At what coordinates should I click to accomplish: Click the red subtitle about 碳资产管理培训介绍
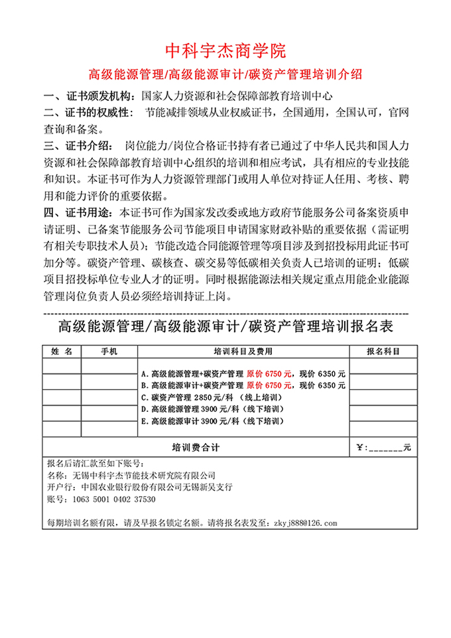click(225, 73)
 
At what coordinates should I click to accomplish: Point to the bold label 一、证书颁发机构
click(87, 95)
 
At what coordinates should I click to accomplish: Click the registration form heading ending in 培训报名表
click(225, 326)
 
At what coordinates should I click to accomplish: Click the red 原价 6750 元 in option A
click(269, 373)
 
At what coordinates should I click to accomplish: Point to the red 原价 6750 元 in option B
click(269, 385)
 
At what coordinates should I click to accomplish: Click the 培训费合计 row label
click(196, 447)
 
